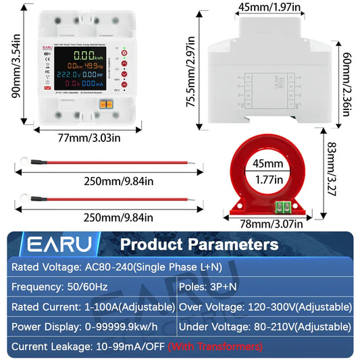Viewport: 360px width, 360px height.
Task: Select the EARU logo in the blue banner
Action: point(56,243)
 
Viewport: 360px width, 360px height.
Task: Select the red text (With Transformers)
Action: point(215,347)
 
